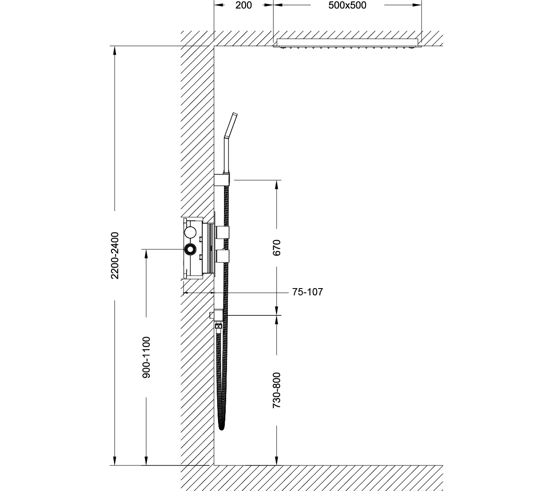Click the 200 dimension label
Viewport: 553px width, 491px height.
(x=244, y=5)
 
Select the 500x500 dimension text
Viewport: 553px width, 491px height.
(x=347, y=5)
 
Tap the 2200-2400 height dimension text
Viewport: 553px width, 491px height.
(x=115, y=255)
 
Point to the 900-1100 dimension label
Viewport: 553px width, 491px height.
(x=146, y=357)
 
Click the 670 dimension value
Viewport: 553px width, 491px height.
(x=276, y=248)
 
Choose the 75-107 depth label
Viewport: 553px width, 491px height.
(x=308, y=292)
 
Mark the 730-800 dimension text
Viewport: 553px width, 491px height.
(x=276, y=390)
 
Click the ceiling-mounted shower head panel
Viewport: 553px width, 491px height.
(x=347, y=43)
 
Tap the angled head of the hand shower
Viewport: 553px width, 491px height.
(x=231, y=125)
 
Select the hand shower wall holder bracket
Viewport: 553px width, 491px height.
(x=221, y=180)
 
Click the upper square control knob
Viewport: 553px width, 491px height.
(x=222, y=233)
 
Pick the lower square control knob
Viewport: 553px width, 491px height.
(x=222, y=256)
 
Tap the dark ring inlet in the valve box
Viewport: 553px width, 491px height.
(x=190, y=249)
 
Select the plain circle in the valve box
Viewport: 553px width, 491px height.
(x=190, y=233)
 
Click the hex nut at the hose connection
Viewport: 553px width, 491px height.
(x=218, y=326)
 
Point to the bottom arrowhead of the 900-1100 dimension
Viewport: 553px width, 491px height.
(x=146, y=460)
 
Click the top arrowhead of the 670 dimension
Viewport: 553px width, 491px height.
(x=276, y=185)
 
